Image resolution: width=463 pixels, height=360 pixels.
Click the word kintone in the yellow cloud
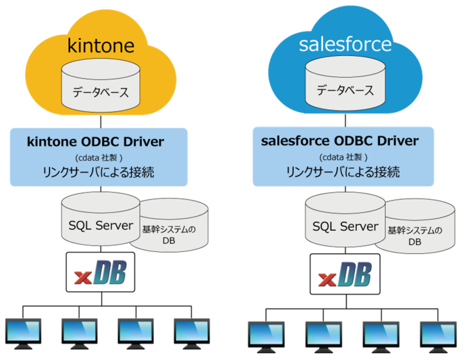pyautogui.click(x=101, y=45)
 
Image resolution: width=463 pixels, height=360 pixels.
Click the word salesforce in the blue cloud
pyautogui.click(x=345, y=44)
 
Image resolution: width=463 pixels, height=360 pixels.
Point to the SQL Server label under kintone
pyautogui.click(x=100, y=225)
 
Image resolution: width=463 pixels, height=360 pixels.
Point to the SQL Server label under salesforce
pyautogui.click(x=345, y=226)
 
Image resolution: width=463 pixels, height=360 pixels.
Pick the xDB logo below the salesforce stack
pyautogui.click(x=345, y=275)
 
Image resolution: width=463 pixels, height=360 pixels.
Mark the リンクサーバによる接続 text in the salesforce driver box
pyautogui.click(x=343, y=172)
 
